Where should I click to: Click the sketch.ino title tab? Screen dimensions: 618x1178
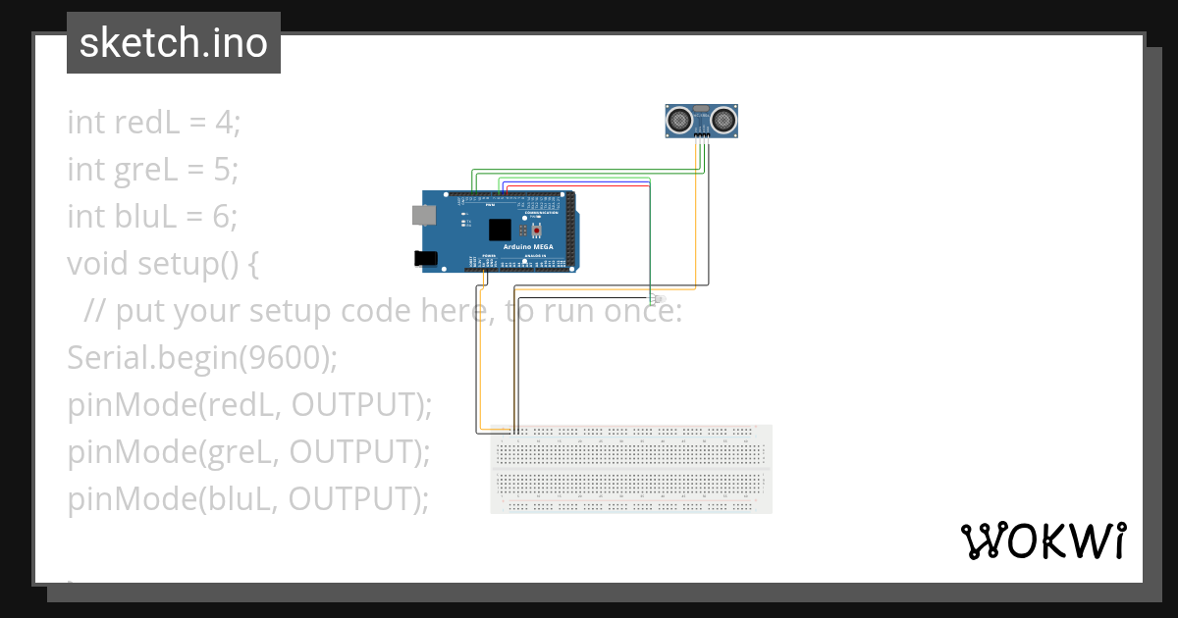(174, 43)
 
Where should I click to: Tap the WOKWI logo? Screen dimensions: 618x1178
(1043, 541)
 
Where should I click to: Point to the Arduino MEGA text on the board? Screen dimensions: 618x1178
(528, 247)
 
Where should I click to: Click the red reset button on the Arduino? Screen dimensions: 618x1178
(537, 230)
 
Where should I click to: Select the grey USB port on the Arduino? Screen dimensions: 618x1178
(423, 214)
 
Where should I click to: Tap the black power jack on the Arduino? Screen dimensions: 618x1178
(425, 258)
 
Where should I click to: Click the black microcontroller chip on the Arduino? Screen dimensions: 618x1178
(501, 230)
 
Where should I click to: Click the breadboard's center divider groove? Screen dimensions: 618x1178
(631, 469)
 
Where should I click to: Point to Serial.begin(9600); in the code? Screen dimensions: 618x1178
(202, 358)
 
